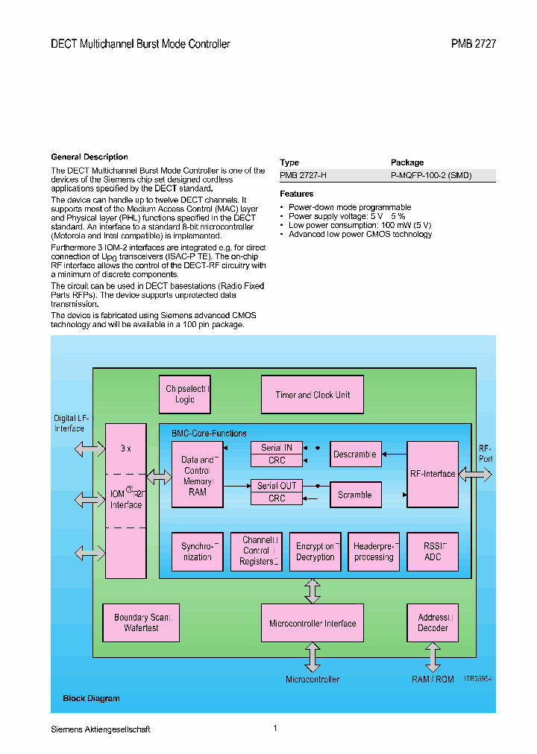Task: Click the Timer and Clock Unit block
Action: coord(313,395)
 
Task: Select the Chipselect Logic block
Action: coord(186,395)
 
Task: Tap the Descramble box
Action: coord(355,454)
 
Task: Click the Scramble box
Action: coord(355,495)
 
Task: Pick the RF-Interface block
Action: coord(433,474)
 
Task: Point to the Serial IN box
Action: coord(277,448)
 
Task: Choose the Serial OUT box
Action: coord(277,486)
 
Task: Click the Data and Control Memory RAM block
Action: coord(198,475)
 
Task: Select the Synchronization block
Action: coord(198,552)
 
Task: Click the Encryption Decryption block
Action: coord(315,552)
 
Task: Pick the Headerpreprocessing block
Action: coord(374,552)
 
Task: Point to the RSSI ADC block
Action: coord(433,552)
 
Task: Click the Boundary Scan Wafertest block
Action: coord(141,623)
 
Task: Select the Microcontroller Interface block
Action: coord(313,623)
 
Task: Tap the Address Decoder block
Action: coord(433,623)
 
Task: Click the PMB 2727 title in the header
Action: coord(474,44)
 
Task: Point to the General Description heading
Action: coord(89,157)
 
